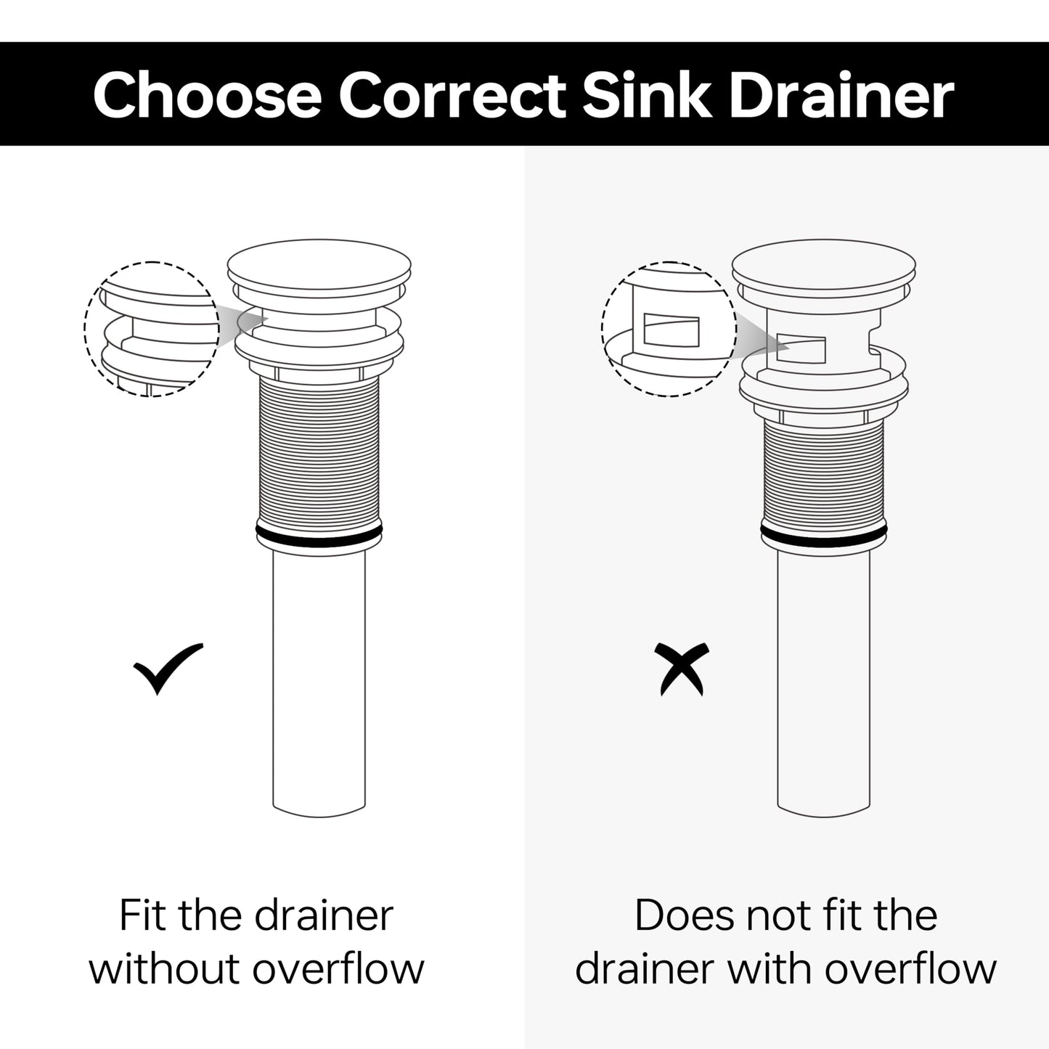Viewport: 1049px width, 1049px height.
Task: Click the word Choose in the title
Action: coord(207,95)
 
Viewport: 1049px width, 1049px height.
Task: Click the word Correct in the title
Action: coord(452,97)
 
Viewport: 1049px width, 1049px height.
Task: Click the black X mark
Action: coord(682,669)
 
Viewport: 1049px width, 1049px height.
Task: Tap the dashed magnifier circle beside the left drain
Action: coord(86,329)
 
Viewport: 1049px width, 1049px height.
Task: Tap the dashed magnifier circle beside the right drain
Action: coord(603,329)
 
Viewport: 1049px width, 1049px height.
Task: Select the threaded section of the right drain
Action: coord(824,473)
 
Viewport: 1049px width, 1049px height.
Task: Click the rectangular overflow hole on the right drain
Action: coord(801,348)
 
